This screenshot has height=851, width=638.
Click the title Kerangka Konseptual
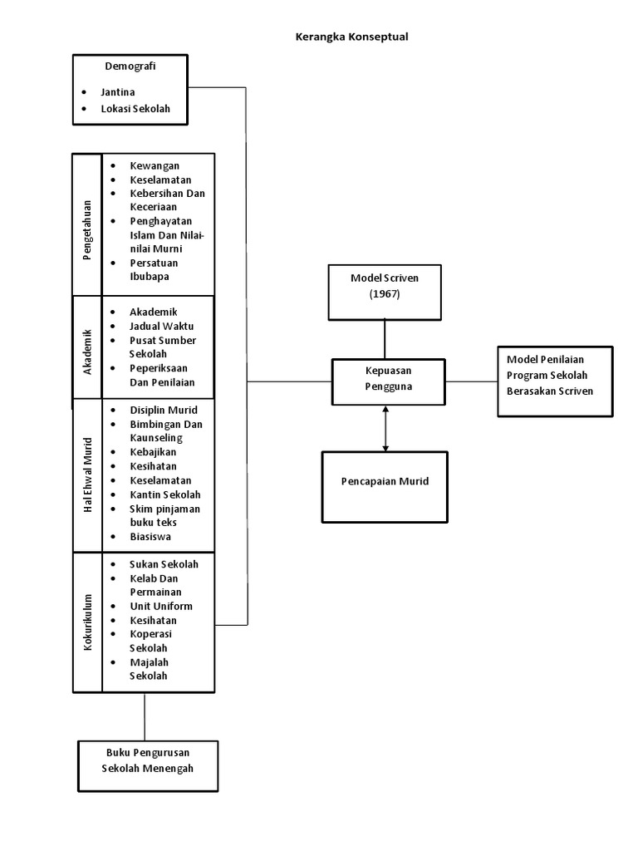(x=352, y=37)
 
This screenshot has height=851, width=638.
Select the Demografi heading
(x=130, y=66)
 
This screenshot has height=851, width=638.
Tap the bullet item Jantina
(x=118, y=92)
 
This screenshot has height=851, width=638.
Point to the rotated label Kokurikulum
(x=87, y=622)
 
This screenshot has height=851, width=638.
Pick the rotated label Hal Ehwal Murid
(x=87, y=475)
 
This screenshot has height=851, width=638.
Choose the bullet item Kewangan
(x=155, y=166)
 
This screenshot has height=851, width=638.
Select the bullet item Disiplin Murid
(x=164, y=410)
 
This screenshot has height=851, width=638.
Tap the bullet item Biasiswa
(x=150, y=537)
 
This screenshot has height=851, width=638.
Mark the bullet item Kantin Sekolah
(x=164, y=494)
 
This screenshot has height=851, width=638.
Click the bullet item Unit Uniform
(x=161, y=606)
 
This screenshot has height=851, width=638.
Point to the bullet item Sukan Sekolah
(x=164, y=564)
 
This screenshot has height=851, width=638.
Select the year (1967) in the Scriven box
(x=385, y=293)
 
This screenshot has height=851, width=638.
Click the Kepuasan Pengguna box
(x=385, y=380)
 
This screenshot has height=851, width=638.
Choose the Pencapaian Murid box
(x=385, y=482)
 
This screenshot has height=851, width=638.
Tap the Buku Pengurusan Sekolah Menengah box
(x=148, y=761)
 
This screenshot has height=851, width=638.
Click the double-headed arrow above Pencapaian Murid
(x=385, y=428)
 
